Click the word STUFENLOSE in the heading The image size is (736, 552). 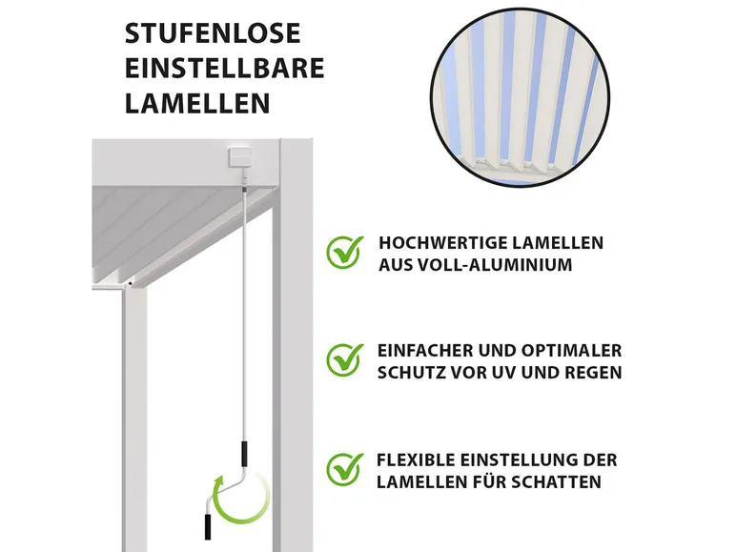[x=213, y=33]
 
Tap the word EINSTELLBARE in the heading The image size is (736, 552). [x=224, y=69]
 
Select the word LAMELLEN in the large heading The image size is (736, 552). [x=197, y=103]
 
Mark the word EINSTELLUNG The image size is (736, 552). [x=527, y=460]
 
